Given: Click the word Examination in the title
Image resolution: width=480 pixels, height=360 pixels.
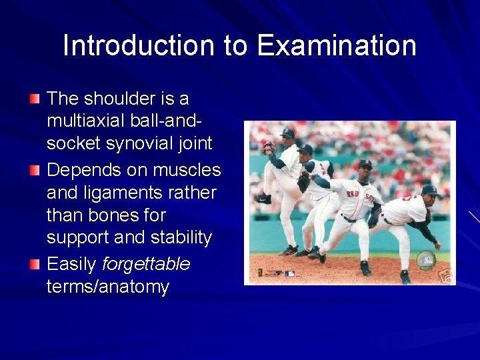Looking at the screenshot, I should pos(337,46).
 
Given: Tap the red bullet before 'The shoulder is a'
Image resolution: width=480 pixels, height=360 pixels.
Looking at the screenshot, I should pos(35,99).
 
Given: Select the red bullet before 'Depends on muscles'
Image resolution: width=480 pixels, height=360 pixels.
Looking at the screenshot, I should pos(35,171).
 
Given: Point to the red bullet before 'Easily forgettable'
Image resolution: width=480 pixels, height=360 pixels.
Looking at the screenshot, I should pos(35,265).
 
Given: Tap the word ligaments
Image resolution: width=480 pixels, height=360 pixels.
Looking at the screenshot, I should pos(123,193).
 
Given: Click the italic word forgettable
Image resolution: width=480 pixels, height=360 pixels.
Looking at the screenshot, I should pos(146,265).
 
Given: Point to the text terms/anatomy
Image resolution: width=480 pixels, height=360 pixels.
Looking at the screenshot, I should pos(108,287).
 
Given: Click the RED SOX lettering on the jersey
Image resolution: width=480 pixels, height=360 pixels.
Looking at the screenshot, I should pos(361,194).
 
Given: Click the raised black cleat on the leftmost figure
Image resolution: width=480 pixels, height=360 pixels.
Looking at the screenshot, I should pos(263,199).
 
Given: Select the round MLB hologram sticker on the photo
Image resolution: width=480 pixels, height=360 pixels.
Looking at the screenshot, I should pos(424,260).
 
